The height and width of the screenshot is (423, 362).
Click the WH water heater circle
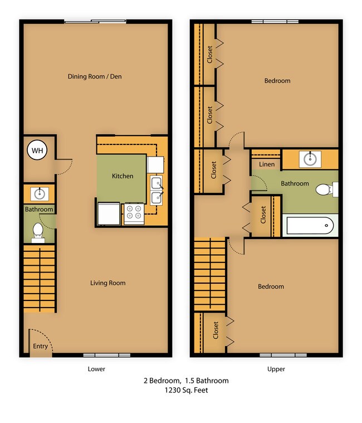click(37, 150)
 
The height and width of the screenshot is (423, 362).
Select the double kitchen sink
click(156, 191)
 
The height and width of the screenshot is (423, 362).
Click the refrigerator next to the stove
click(109, 213)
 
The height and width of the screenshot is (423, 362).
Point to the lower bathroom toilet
click(38, 232)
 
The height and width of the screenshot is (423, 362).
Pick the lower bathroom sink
click(40, 194)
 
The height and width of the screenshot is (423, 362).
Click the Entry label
click(40, 346)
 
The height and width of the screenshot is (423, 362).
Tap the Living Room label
click(108, 283)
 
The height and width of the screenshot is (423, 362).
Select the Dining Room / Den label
click(95, 76)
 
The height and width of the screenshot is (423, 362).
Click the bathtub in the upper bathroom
click(310, 226)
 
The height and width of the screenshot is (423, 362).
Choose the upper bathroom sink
click(310, 159)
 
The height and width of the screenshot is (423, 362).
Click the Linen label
click(267, 164)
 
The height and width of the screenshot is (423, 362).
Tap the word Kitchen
click(123, 176)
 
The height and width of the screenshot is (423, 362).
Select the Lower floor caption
click(96, 369)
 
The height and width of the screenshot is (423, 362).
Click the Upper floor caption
click(276, 369)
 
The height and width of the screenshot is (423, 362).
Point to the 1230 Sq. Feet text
click(186, 390)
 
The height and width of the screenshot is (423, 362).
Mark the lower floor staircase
click(40, 279)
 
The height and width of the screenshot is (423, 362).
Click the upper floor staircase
click(210, 274)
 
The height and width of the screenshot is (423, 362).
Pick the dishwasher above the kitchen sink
click(155, 165)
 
